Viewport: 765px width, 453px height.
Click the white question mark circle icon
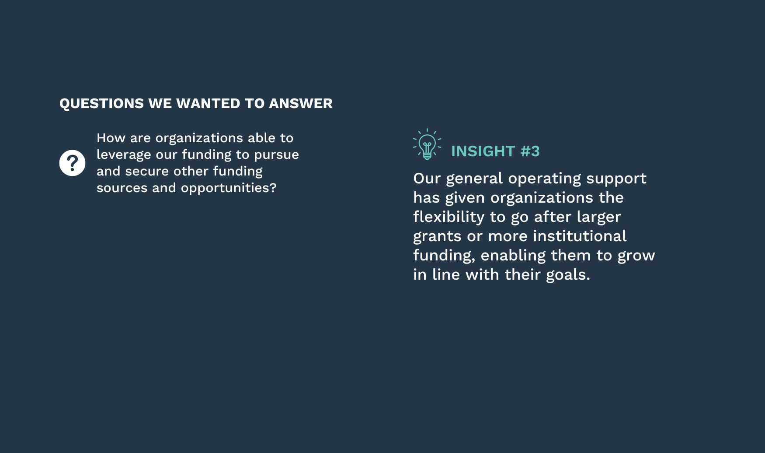pos(72,163)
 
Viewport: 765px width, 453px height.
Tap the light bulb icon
pos(427,145)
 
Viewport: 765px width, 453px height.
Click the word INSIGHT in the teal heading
pos(483,151)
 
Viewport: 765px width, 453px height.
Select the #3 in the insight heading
pos(530,151)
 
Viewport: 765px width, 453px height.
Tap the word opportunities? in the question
pos(229,188)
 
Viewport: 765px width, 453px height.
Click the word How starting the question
pos(111,138)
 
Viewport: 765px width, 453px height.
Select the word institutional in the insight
pos(579,236)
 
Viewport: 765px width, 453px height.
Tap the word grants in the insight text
pos(437,236)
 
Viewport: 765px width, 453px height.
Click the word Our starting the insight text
pos(427,179)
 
